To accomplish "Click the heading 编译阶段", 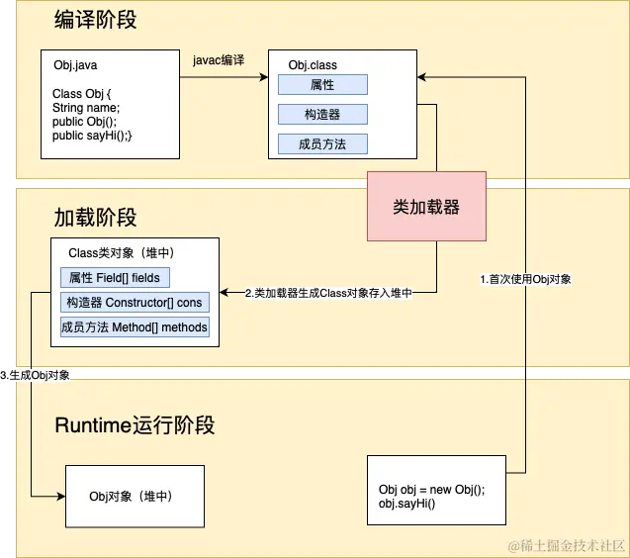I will pyautogui.click(x=95, y=21).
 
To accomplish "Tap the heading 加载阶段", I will pyautogui.click(x=95, y=217).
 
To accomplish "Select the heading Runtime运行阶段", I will pyautogui.click(x=135, y=425).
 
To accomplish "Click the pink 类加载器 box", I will pyautogui.click(x=426, y=207).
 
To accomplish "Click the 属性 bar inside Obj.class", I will pyautogui.click(x=322, y=85).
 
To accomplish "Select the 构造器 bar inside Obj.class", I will pyautogui.click(x=322, y=115).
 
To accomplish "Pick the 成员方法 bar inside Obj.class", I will pyautogui.click(x=322, y=144).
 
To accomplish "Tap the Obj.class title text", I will pyautogui.click(x=313, y=65).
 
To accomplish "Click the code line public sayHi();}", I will pyautogui.click(x=92, y=135).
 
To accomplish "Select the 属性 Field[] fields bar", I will pyautogui.click(x=115, y=278).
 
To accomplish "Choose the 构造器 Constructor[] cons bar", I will pyautogui.click(x=134, y=303).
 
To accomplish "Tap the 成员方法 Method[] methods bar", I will pyautogui.click(x=135, y=327).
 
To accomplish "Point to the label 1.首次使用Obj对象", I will pyautogui.click(x=525, y=280).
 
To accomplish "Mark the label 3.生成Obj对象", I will pyautogui.click(x=36, y=375).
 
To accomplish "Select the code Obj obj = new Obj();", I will pyautogui.click(x=431, y=490).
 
